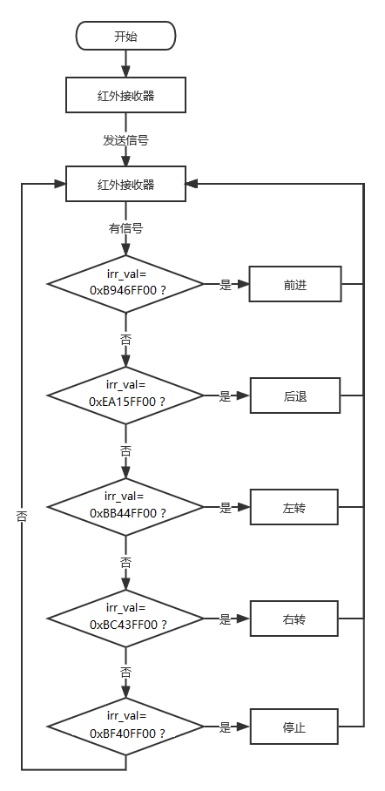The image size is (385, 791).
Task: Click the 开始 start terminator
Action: [125, 36]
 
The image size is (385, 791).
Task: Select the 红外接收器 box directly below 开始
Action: [125, 95]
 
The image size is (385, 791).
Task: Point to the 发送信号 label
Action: [125, 140]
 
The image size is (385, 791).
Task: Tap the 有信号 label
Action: [125, 228]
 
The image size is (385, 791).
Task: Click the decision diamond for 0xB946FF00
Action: [125, 284]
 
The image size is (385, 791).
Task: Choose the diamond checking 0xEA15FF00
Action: [125, 396]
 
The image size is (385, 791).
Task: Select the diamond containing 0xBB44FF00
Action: [125, 507]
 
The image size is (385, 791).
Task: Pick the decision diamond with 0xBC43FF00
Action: [125, 619]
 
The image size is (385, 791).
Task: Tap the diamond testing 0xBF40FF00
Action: [125, 727]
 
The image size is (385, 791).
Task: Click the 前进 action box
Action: [295, 285]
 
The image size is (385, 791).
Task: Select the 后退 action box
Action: [295, 396]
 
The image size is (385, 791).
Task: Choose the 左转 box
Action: [294, 507]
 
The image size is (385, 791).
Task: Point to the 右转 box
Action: [294, 619]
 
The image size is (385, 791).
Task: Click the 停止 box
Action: [294, 727]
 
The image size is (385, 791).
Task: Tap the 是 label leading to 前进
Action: [225, 285]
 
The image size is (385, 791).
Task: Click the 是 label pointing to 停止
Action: [225, 727]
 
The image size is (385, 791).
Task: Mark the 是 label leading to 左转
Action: [225, 508]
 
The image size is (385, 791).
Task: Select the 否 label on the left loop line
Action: [22, 516]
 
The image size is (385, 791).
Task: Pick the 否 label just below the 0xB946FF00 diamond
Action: [125, 340]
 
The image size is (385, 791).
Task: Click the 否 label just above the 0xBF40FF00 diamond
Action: [125, 672]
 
